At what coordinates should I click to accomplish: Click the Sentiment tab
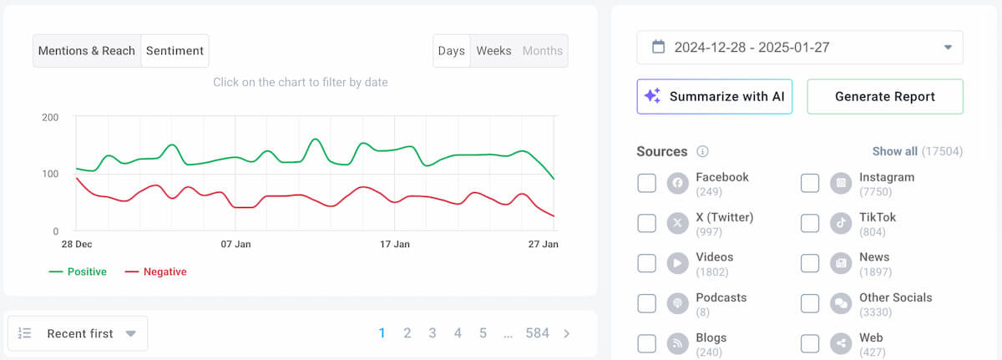tap(175, 51)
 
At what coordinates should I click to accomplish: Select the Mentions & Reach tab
tap(87, 51)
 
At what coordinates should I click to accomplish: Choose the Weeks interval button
tap(493, 51)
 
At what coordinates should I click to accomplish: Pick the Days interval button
tap(451, 51)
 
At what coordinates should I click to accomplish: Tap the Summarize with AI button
tap(714, 97)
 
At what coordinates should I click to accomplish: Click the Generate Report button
tap(884, 97)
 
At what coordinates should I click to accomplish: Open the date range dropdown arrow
tap(948, 48)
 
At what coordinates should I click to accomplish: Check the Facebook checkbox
tap(647, 183)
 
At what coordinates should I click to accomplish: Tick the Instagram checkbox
tap(810, 183)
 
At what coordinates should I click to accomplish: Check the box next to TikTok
tap(810, 223)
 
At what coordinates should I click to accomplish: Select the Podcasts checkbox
tap(647, 303)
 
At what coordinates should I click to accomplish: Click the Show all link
tap(894, 151)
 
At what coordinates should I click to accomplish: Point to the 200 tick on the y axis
tap(50, 118)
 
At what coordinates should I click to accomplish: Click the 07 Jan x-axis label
tap(235, 245)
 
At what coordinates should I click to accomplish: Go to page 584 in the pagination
tap(537, 333)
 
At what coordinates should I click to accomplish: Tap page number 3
tap(433, 333)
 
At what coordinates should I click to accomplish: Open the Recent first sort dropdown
tap(78, 333)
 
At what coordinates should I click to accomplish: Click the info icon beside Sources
tap(703, 151)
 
